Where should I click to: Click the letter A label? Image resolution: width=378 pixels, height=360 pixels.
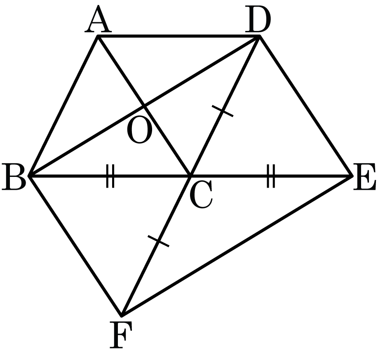98,19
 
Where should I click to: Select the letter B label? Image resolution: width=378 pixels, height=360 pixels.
14,177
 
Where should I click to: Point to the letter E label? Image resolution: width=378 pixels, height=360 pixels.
364,177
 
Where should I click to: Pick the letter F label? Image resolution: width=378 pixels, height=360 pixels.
121,335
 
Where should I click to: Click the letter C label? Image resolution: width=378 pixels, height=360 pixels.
201,195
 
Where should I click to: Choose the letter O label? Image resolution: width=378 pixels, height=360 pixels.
140,129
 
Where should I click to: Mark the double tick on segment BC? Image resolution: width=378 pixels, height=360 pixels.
110,176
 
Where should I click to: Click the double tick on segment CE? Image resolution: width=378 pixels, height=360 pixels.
271,176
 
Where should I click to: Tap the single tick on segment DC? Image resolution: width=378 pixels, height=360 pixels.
223,111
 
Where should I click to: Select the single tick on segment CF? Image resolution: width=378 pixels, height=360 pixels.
158,241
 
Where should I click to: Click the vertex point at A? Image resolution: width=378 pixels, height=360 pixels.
98,36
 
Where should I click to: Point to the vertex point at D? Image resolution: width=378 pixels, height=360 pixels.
259,36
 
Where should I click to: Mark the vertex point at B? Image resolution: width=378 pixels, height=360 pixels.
29,176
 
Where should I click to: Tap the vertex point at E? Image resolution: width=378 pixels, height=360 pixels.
352,176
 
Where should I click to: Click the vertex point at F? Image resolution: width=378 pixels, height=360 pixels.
122,315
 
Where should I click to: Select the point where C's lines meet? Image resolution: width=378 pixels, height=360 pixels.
190,176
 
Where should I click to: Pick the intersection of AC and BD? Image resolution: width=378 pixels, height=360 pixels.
144,106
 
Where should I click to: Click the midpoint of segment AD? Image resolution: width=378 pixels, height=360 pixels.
178,36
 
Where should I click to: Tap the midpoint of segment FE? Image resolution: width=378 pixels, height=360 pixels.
237,246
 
